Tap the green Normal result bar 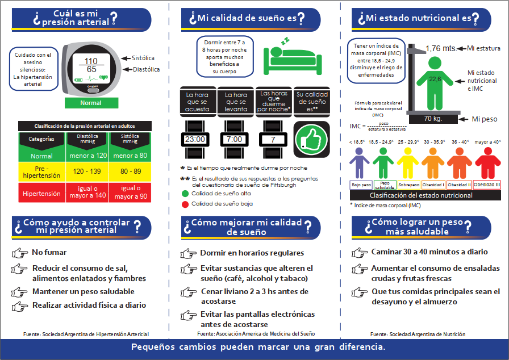click(x=91, y=103)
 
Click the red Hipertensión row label click(x=41, y=194)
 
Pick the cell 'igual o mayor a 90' click(x=131, y=192)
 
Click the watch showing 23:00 click(x=195, y=139)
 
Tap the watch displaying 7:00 click(x=234, y=139)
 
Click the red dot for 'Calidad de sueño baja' click(x=184, y=203)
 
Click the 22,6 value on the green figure click(x=435, y=79)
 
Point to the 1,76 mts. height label click(x=441, y=48)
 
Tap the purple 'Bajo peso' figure click(x=360, y=162)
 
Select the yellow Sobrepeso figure click(x=408, y=162)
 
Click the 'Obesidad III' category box click(x=487, y=185)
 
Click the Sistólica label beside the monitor click(x=143, y=58)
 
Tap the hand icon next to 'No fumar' click(x=19, y=253)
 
